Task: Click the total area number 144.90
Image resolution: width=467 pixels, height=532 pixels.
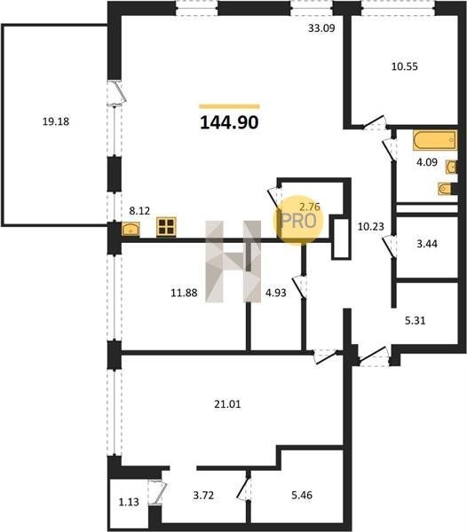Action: (229, 122)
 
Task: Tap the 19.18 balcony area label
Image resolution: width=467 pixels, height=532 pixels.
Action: (56, 121)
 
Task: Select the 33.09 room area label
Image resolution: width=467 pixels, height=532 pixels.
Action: (321, 28)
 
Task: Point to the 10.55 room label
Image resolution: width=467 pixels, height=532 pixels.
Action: (405, 66)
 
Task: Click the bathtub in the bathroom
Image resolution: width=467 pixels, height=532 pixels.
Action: (435, 140)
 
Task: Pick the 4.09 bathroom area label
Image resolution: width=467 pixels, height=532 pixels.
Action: (427, 162)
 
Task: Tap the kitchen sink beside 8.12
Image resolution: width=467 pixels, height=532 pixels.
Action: (131, 229)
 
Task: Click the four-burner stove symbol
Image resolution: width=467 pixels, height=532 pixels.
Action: (166, 227)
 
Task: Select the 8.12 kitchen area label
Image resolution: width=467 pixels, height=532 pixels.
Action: (139, 211)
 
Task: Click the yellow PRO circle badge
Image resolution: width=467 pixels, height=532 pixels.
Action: (298, 220)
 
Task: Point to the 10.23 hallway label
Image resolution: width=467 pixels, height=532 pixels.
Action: (370, 226)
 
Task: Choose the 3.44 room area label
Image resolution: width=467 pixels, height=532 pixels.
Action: (427, 244)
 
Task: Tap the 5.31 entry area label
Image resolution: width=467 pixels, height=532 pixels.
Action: (415, 320)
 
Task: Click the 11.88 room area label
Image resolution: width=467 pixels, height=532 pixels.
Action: (184, 293)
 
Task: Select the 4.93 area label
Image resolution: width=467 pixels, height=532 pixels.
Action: (276, 293)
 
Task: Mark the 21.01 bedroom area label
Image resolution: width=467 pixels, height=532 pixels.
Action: (227, 404)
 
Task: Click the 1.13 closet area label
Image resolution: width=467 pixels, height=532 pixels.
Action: (129, 502)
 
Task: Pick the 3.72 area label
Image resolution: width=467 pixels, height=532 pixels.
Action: (203, 496)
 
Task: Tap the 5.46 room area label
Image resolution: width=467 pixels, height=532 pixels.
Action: (302, 495)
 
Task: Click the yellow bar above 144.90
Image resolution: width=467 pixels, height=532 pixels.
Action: (229, 106)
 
